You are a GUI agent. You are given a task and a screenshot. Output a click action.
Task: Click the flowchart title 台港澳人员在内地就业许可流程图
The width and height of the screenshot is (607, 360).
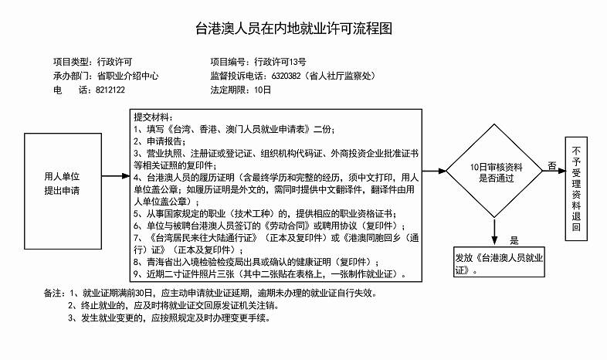tap(303, 29)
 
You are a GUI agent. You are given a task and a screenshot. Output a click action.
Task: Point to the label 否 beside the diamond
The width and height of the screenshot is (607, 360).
tap(551, 165)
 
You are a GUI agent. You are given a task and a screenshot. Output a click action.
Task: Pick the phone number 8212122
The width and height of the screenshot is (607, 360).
tap(110, 90)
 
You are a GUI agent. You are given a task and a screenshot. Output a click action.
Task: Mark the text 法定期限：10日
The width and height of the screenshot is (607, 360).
tap(241, 90)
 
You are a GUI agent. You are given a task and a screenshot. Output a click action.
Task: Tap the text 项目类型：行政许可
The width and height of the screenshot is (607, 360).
tap(93, 62)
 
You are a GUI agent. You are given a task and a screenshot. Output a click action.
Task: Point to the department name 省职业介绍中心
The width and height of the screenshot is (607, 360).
tap(127, 76)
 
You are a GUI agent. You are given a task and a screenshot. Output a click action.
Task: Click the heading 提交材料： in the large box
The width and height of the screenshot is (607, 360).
tap(154, 117)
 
